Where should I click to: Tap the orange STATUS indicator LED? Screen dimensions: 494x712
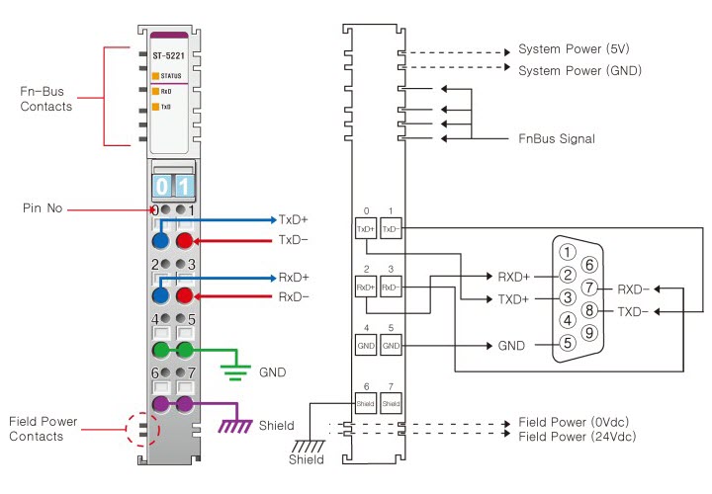155,75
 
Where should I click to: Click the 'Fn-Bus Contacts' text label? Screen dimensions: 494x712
46,99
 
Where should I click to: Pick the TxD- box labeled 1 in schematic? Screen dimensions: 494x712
391,229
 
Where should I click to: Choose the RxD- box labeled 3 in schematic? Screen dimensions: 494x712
391,288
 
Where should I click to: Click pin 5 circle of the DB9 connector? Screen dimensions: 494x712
567,344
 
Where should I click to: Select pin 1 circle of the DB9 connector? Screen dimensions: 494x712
567,251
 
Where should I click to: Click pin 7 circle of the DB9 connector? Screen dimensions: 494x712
589,288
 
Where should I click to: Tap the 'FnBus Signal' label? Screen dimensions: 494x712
557,139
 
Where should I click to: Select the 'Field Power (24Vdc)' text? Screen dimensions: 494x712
577,436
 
